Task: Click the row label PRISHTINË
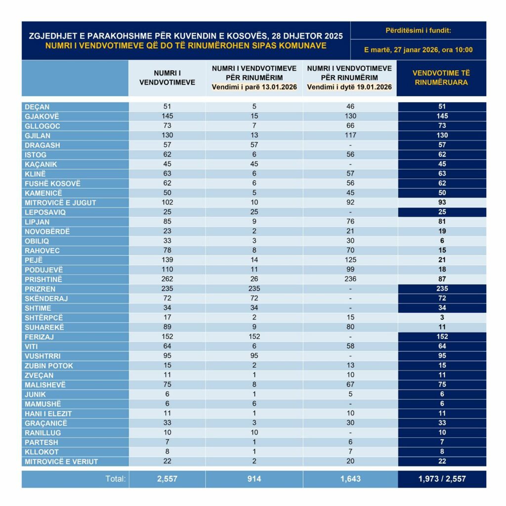(43, 279)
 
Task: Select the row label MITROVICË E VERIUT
(61, 462)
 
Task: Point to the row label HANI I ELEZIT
(48, 414)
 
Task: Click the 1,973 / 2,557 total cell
(442, 479)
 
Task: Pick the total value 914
(254, 479)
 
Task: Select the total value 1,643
(350, 479)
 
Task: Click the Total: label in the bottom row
(116, 479)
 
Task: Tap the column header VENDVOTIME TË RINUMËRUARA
(442, 78)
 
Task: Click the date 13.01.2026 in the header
(275, 87)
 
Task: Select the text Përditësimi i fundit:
(418, 31)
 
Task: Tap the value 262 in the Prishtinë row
(167, 279)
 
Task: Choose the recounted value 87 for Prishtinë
(442, 279)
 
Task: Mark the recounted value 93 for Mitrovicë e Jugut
(442, 203)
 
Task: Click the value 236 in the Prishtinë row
(350, 279)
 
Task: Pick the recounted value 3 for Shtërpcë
(442, 318)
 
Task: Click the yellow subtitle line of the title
(185, 46)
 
